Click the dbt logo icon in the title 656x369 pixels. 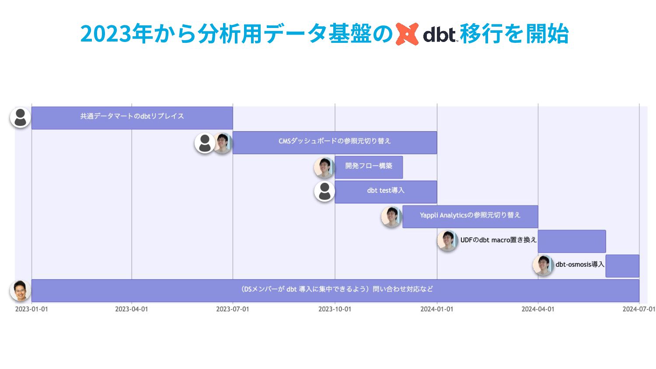(407, 34)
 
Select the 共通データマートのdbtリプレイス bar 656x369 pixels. (132, 118)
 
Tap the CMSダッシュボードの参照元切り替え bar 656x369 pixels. (335, 143)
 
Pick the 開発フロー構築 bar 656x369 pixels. (369, 167)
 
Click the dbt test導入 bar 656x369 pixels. (386, 192)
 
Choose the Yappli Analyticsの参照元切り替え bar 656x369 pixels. (470, 217)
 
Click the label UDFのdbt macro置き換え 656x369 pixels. (499, 240)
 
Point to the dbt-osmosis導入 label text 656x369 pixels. (580, 265)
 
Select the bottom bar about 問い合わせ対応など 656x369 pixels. (335, 290)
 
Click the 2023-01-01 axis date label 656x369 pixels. (31, 309)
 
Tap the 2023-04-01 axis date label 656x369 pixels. (132, 309)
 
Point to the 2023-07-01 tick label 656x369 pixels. (233, 309)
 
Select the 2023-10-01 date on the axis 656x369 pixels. (335, 309)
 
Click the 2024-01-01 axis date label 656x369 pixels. (436, 309)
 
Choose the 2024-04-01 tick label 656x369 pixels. (537, 309)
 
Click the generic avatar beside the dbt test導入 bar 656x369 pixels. (325, 191)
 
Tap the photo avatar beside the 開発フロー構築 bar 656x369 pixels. (324, 167)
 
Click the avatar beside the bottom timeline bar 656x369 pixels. (20, 290)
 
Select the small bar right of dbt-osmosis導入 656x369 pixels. (622, 266)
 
